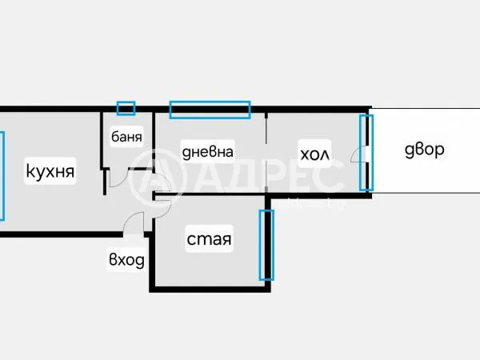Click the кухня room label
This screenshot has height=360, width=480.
point(50,170)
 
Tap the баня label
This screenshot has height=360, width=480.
point(126,136)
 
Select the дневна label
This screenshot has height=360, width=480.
point(207,150)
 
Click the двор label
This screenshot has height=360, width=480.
point(423,150)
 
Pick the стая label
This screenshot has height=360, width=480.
point(209,239)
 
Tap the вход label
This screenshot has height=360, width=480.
point(126,259)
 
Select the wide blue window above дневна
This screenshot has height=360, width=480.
point(210,109)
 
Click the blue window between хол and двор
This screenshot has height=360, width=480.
point(366,153)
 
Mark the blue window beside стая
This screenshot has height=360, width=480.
point(266,244)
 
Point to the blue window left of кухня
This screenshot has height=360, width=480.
point(2,176)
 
